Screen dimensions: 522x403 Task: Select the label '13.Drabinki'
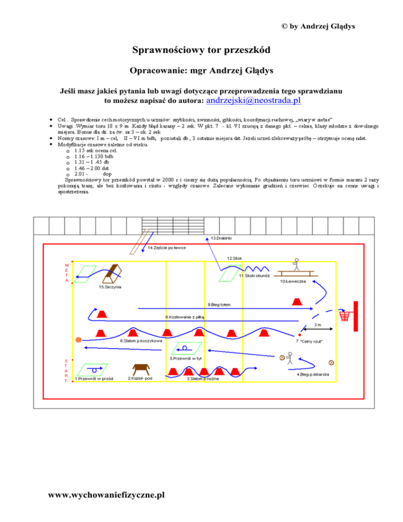(222, 238)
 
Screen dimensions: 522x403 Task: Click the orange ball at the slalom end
(78, 340)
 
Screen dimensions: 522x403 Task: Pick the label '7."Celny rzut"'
(309, 341)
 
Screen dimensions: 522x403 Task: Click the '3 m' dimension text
(318, 325)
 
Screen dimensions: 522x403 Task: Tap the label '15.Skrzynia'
(110, 287)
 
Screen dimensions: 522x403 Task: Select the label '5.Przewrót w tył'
(183, 359)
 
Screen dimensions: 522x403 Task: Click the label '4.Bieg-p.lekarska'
(313, 374)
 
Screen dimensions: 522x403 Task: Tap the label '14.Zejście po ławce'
(166, 247)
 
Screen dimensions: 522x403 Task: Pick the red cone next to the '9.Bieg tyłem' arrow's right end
(297, 301)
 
